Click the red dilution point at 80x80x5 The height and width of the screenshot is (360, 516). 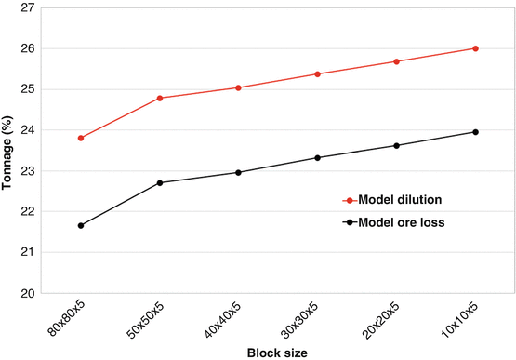(x=81, y=138)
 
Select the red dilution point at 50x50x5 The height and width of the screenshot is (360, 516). (x=160, y=98)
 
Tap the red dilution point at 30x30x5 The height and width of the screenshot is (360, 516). (x=318, y=73)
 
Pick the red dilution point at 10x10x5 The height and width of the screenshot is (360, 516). (x=475, y=48)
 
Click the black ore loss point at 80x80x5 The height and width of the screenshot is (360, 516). (x=81, y=225)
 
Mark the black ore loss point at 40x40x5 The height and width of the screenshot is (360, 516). (x=239, y=172)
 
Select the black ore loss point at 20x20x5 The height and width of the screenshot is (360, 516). (x=397, y=145)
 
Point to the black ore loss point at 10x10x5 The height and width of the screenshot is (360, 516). (x=475, y=132)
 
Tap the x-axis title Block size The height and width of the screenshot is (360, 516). (x=278, y=353)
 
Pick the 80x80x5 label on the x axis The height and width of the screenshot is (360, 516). (x=70, y=316)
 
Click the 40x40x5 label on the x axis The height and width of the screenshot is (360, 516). (x=228, y=316)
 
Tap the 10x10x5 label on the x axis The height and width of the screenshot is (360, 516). (x=464, y=316)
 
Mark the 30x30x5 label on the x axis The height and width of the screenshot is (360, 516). (x=307, y=316)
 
